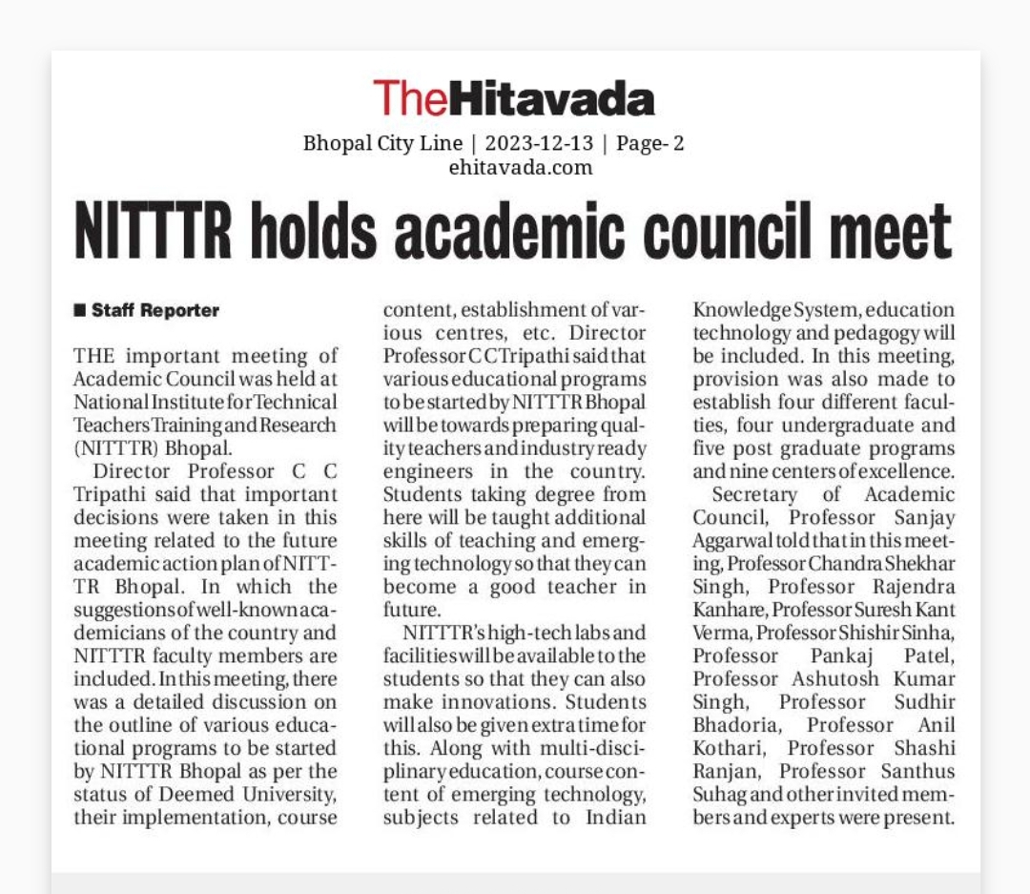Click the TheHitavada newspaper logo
pyautogui.click(x=513, y=99)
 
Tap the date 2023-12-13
pyautogui.click(x=539, y=144)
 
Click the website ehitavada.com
pyautogui.click(x=520, y=168)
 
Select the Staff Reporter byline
pyautogui.click(x=155, y=310)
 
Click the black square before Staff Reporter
pyautogui.click(x=80, y=310)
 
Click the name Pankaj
pyautogui.click(x=843, y=655)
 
